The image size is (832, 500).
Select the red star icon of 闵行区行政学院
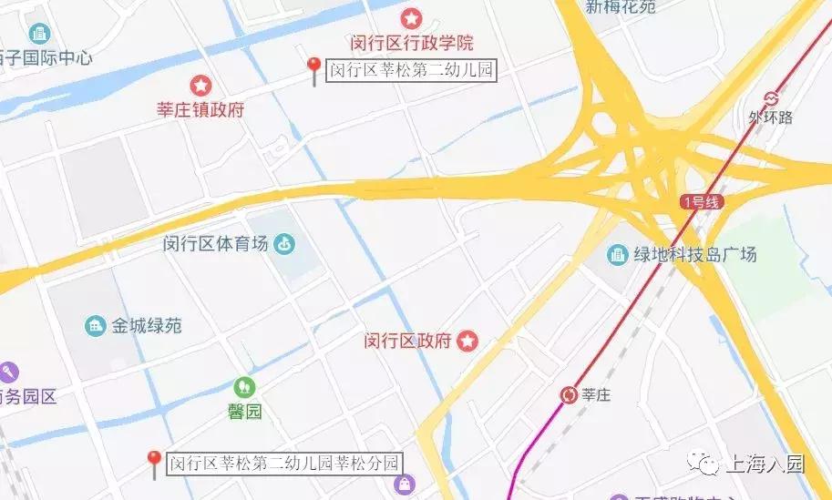(x=412, y=18)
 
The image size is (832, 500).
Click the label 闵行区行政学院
(x=412, y=43)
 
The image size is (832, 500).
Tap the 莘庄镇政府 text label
(x=200, y=110)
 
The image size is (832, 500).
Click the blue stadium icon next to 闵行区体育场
(x=285, y=243)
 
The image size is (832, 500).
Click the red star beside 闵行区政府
(x=467, y=342)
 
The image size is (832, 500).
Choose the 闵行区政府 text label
(x=407, y=342)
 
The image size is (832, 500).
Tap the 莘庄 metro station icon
(x=569, y=394)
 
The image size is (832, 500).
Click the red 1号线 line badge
(x=702, y=202)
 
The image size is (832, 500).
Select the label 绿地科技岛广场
(x=695, y=255)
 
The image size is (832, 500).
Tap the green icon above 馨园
(x=244, y=387)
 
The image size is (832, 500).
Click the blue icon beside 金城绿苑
(x=95, y=325)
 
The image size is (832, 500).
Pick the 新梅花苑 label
(x=621, y=7)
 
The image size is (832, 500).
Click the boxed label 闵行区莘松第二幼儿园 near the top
(x=410, y=70)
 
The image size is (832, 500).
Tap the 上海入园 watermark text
(x=765, y=464)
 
